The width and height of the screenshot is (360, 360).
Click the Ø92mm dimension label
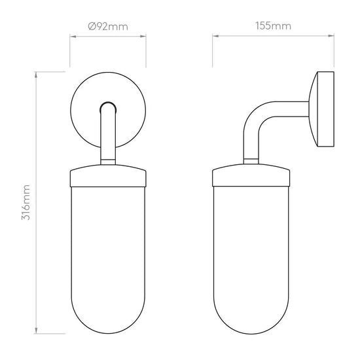click(x=108, y=27)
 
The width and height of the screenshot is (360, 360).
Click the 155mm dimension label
click(x=273, y=26)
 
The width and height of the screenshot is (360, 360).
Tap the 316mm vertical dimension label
click(x=26, y=202)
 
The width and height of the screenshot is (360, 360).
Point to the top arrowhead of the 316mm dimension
click(x=36, y=75)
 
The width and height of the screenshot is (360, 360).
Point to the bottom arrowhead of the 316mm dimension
click(x=36, y=331)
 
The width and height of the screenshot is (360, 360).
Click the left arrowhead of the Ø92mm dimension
click(x=73, y=36)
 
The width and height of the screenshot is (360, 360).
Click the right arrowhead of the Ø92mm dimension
click(x=143, y=36)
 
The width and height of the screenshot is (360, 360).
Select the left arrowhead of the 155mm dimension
click(x=215, y=36)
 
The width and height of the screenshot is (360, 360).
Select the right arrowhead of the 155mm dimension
click(x=331, y=36)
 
